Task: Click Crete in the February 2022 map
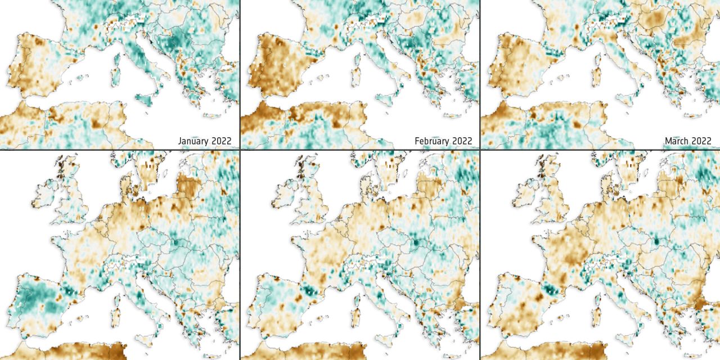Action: pyautogui.click(x=452, y=116)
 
